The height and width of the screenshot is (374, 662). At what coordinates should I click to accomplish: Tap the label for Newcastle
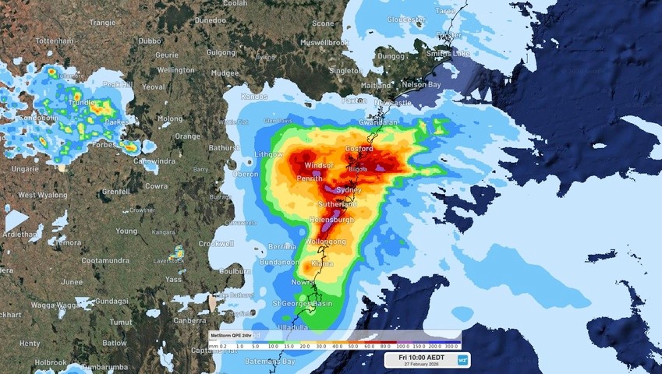(391, 102)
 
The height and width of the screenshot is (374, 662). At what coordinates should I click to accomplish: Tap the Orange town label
(187, 136)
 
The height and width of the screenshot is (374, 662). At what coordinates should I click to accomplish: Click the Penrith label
(310, 178)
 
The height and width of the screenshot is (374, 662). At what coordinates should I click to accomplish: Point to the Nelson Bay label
(421, 84)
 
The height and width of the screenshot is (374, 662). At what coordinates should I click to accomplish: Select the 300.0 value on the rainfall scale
(453, 345)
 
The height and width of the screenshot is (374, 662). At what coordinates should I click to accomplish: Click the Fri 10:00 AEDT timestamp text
(421, 356)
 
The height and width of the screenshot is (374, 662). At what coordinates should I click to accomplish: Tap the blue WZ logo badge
(462, 359)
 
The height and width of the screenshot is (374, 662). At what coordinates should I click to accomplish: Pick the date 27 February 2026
(421, 364)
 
